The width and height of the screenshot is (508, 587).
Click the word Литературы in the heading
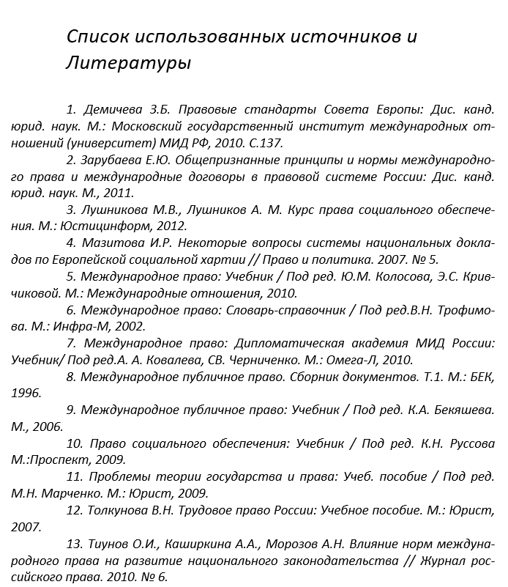(128, 62)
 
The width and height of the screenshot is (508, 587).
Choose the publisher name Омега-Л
(345, 359)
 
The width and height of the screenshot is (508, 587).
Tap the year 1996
(27, 393)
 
